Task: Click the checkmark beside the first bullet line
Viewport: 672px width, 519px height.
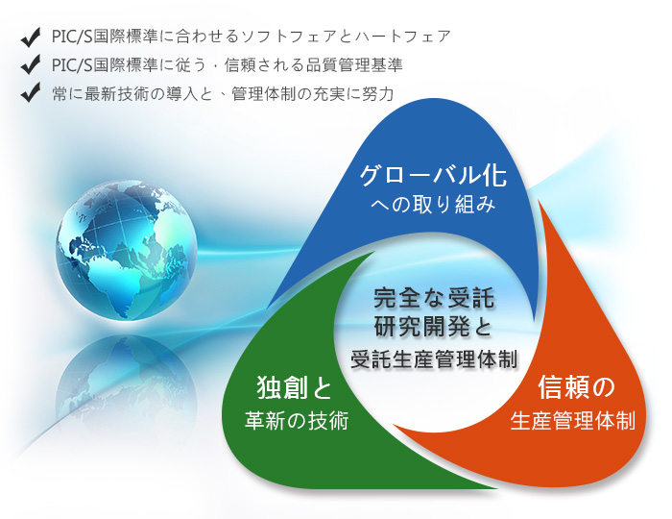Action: click(30, 37)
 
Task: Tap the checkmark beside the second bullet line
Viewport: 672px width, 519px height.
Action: click(30, 64)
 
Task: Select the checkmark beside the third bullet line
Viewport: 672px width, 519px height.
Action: click(30, 92)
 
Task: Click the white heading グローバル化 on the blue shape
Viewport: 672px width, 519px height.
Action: click(433, 175)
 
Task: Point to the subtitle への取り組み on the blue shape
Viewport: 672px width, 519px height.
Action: click(433, 205)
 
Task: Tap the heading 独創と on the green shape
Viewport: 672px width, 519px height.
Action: click(295, 387)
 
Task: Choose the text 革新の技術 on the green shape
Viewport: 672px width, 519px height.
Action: click(297, 420)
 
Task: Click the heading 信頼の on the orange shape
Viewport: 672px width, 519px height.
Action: click(576, 387)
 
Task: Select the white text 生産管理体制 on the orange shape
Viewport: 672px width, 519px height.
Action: click(573, 420)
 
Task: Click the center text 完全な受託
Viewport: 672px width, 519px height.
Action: click(434, 298)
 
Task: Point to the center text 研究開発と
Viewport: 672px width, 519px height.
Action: click(434, 328)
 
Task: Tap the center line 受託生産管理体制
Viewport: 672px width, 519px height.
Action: click(434, 358)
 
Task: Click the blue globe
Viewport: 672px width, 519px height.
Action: click(127, 250)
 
